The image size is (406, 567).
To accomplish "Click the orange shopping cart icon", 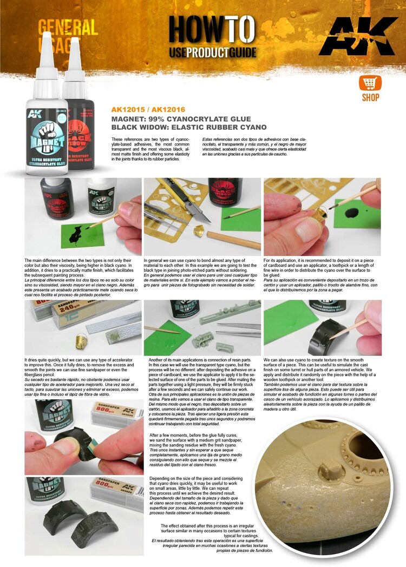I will click(x=370, y=83).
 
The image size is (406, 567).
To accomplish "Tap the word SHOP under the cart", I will click(x=370, y=97).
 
